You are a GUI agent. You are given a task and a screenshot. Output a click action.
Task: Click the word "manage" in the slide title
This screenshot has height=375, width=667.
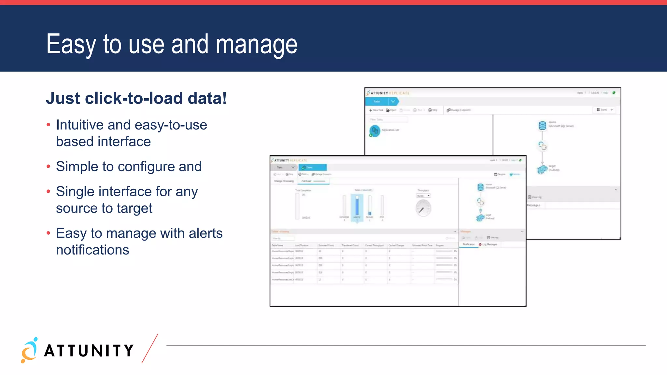256,45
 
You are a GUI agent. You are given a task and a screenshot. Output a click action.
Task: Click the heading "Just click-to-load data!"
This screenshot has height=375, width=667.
136,98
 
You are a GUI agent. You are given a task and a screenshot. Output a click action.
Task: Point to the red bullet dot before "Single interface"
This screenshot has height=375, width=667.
49,191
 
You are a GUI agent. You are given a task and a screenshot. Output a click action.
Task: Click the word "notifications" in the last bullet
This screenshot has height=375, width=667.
92,250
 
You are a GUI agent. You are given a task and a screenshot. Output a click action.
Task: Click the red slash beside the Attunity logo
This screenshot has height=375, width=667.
150,348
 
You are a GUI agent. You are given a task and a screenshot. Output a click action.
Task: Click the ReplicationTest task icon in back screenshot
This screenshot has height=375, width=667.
375,131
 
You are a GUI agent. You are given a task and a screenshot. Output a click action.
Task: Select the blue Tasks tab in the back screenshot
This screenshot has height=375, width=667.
378,102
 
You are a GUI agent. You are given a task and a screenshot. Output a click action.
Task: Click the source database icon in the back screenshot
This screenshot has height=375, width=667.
542,125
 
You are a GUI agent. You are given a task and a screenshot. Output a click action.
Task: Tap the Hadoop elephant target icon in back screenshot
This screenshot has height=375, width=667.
542,169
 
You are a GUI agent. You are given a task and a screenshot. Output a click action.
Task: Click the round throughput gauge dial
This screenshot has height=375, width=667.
423,208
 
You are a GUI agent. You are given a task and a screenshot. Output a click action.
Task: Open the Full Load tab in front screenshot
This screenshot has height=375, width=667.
307,181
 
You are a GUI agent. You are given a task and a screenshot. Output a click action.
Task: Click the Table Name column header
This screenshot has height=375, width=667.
278,245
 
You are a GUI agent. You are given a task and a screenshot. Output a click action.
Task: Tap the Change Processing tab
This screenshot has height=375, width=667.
284,181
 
